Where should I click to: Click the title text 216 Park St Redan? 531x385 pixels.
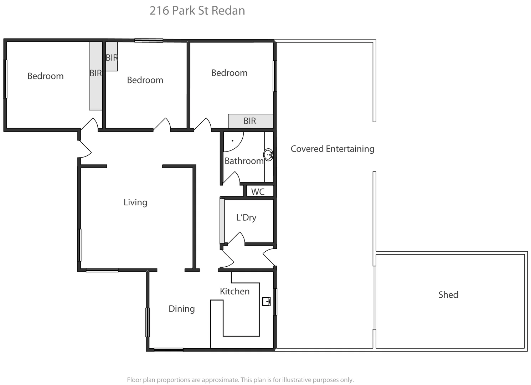tap(197, 11)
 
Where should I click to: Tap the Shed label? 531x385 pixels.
tap(448, 295)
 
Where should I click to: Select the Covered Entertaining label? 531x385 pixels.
tap(332, 149)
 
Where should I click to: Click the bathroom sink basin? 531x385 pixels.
tap(268, 155)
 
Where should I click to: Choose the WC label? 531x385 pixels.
tap(258, 192)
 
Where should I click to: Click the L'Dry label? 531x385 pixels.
tap(246, 217)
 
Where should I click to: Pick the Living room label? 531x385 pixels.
tap(135, 202)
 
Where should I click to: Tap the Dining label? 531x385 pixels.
tap(181, 309)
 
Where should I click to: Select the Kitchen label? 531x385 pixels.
tap(234, 291)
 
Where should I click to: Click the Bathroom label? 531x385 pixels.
tap(244, 161)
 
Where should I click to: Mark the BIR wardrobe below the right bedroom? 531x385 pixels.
tap(250, 121)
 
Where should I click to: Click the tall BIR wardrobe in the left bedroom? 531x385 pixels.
tap(96, 76)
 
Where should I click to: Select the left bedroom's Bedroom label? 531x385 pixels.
tap(45, 76)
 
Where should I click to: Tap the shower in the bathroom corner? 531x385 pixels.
tap(233, 140)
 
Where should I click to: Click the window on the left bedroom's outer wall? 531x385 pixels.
tap(5, 79)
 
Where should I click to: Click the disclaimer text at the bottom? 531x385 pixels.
tap(240, 380)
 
